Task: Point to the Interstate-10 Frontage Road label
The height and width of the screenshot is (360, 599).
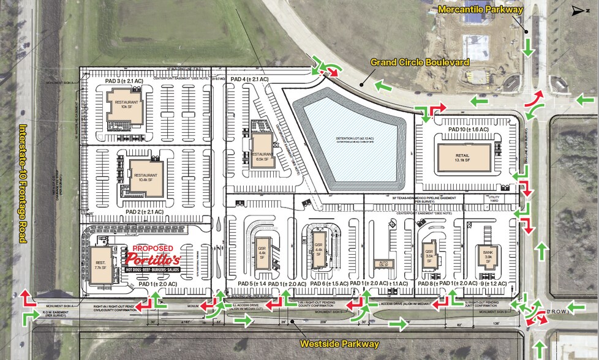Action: click(x=23, y=184)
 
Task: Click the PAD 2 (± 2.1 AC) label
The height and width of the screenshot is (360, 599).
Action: click(x=144, y=212)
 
